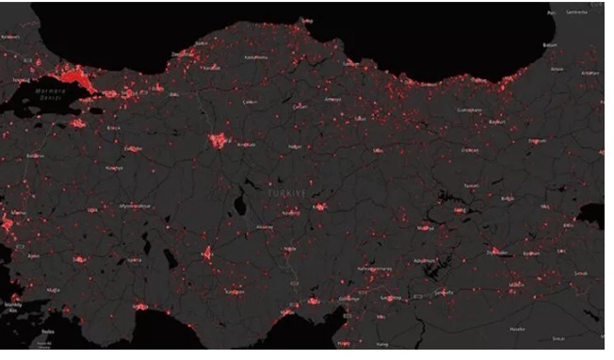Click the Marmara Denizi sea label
tap(41, 95)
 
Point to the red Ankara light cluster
tap(218, 141)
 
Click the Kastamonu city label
tap(256, 56)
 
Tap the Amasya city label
tap(331, 100)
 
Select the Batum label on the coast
tap(551, 44)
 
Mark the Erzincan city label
tap(470, 149)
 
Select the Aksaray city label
tap(265, 227)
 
